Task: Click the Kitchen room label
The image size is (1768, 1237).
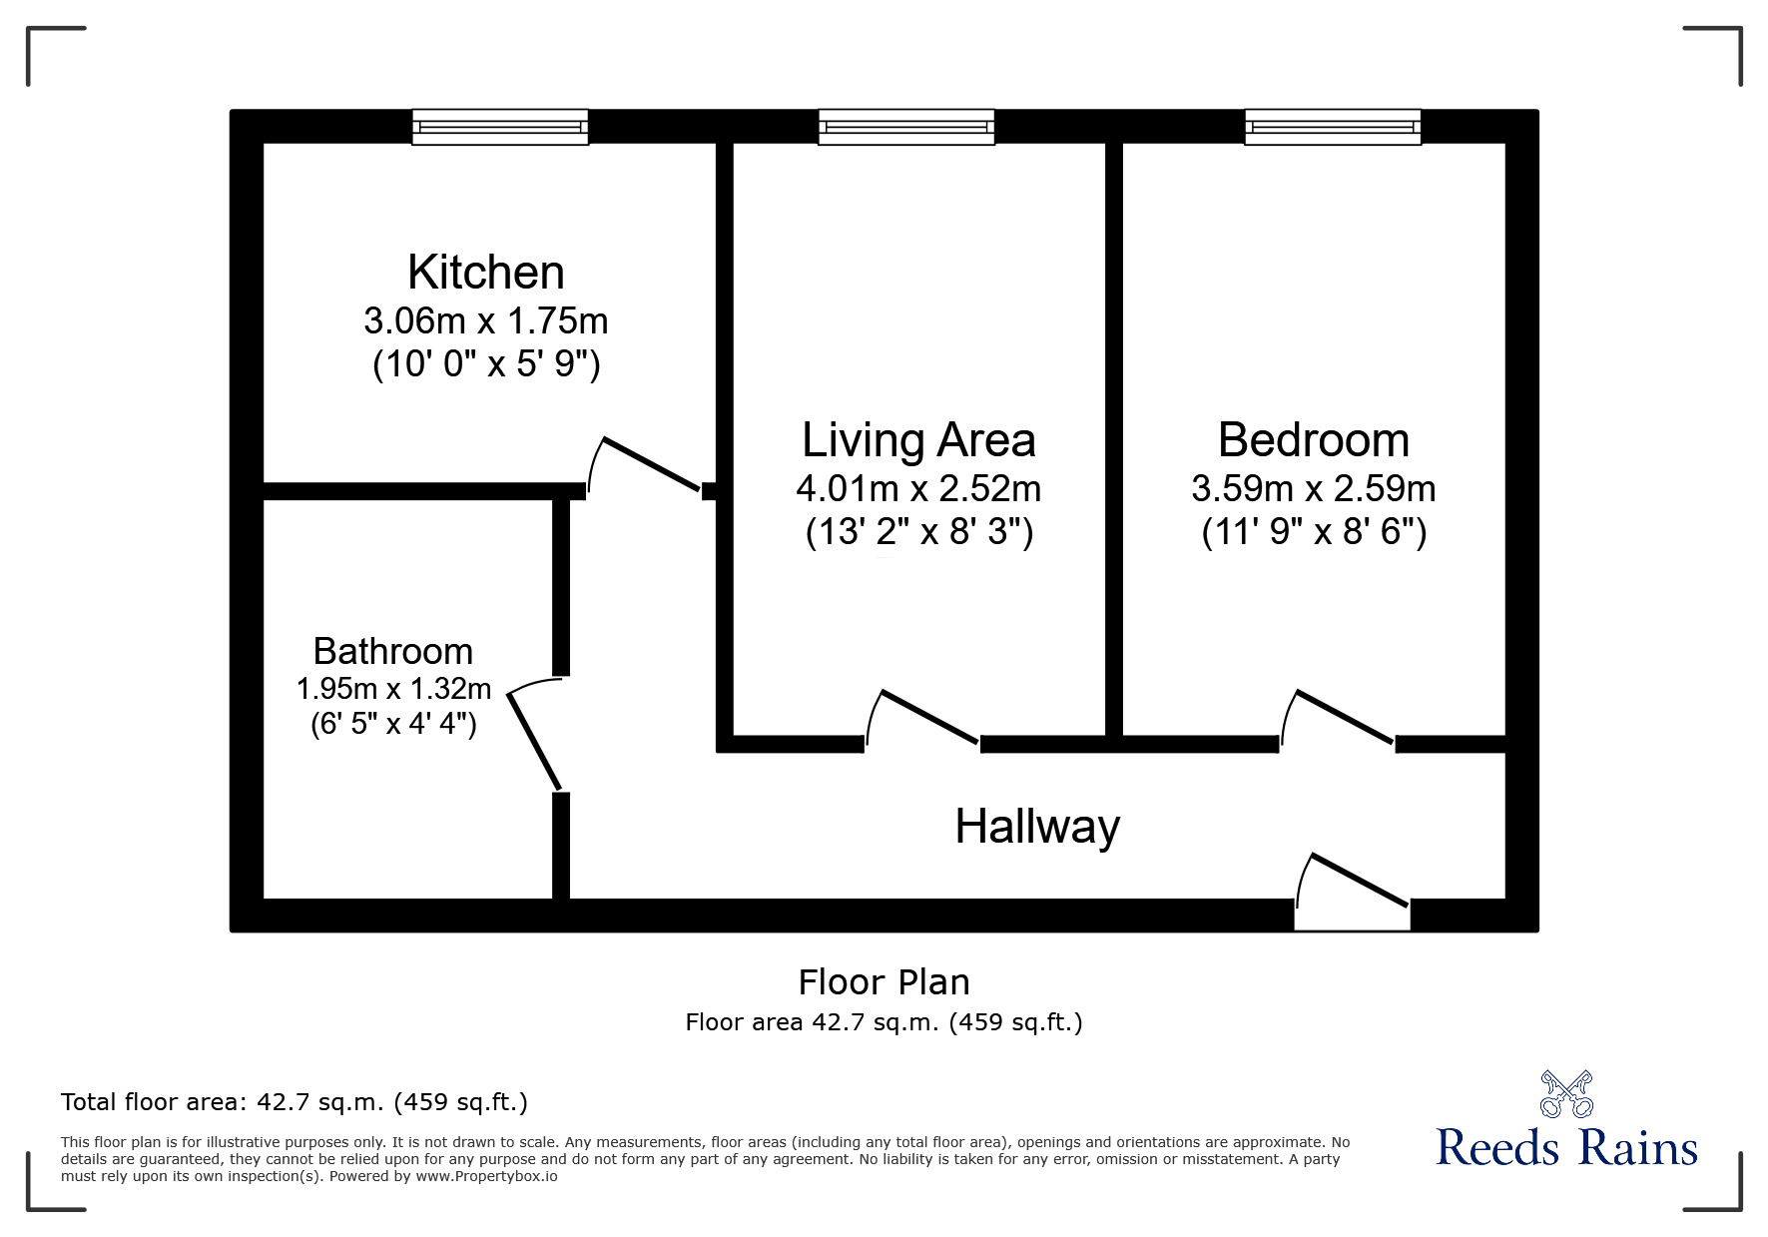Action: point(485,273)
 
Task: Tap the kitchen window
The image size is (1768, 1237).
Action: point(500,128)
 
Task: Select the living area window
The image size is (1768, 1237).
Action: point(906,128)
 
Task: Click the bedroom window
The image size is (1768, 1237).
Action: point(1333,128)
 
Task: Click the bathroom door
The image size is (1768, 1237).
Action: point(535,740)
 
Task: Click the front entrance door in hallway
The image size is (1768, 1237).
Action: point(1359,881)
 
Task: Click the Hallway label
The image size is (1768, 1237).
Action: point(1037,827)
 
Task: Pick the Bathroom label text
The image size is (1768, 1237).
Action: point(393,651)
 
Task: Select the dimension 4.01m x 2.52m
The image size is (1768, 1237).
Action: point(918,488)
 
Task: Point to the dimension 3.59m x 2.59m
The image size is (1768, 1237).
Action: point(1314,488)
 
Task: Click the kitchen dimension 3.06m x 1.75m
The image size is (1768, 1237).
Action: point(485,320)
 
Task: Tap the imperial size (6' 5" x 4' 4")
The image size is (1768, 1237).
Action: point(393,723)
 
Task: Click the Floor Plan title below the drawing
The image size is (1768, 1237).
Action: point(884,982)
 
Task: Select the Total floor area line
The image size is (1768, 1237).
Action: point(294,1102)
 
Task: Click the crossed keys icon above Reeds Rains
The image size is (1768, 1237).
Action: point(1565,1094)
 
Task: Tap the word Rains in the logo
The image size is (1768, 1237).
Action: point(1638,1148)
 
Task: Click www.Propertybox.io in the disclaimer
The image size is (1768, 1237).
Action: point(486,1176)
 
